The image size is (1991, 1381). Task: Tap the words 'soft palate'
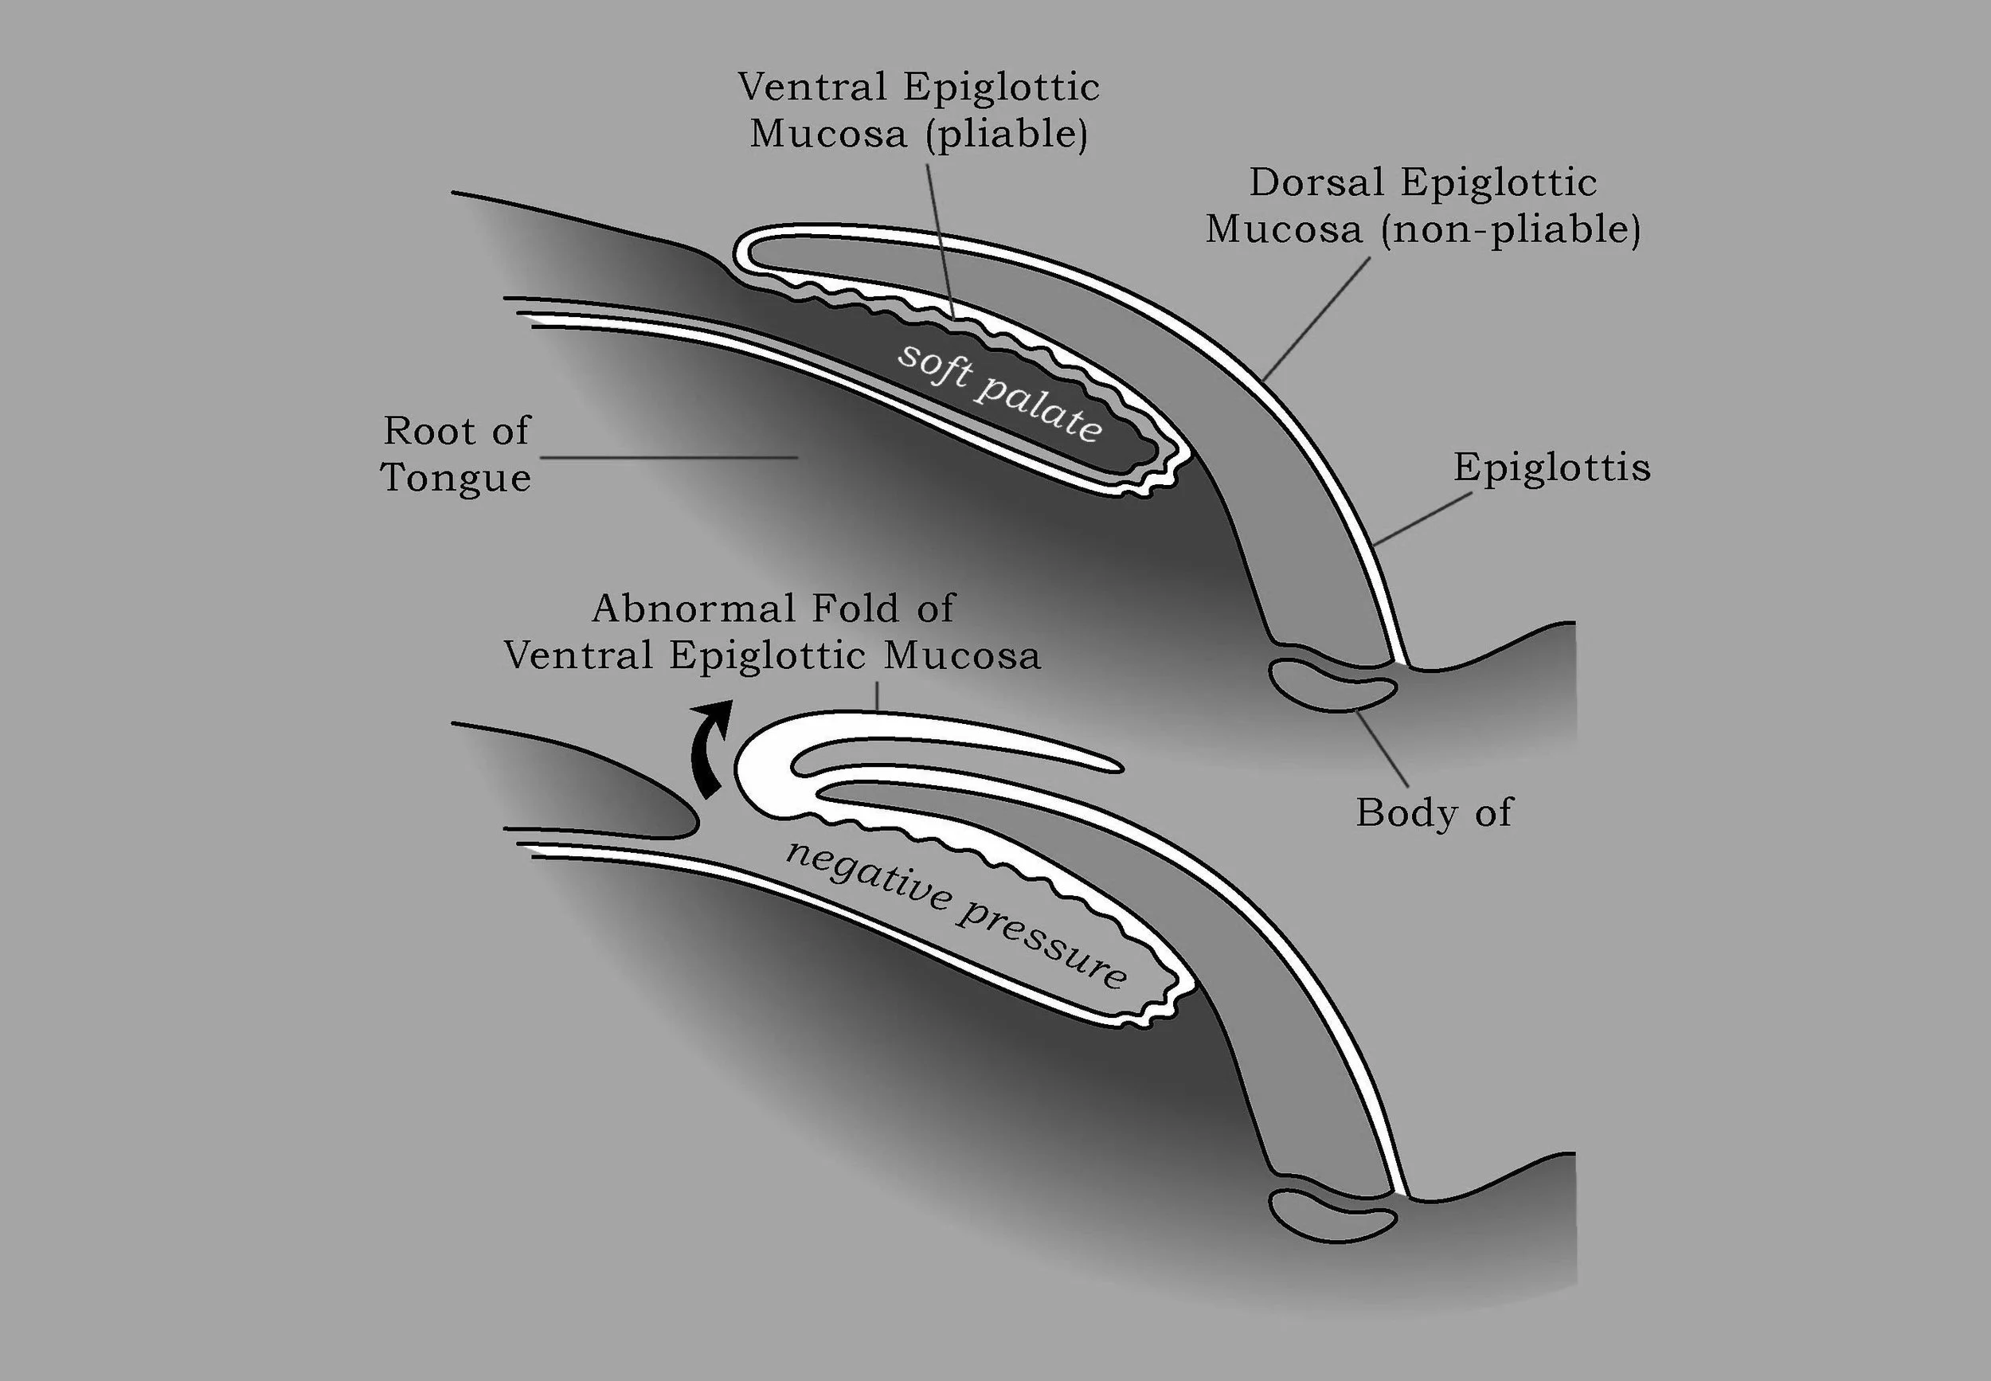[999, 392]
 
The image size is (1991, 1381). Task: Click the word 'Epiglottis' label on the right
[1551, 468]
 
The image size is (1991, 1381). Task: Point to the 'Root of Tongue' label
[456, 454]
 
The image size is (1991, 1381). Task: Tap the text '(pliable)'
[1007, 134]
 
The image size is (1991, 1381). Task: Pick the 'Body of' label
[1434, 812]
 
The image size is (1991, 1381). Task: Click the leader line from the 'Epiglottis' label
[1422, 519]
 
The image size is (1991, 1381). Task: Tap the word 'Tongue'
[456, 478]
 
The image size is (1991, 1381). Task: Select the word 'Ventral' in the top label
[812, 88]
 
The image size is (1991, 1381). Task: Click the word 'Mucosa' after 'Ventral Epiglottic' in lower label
[961, 656]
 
